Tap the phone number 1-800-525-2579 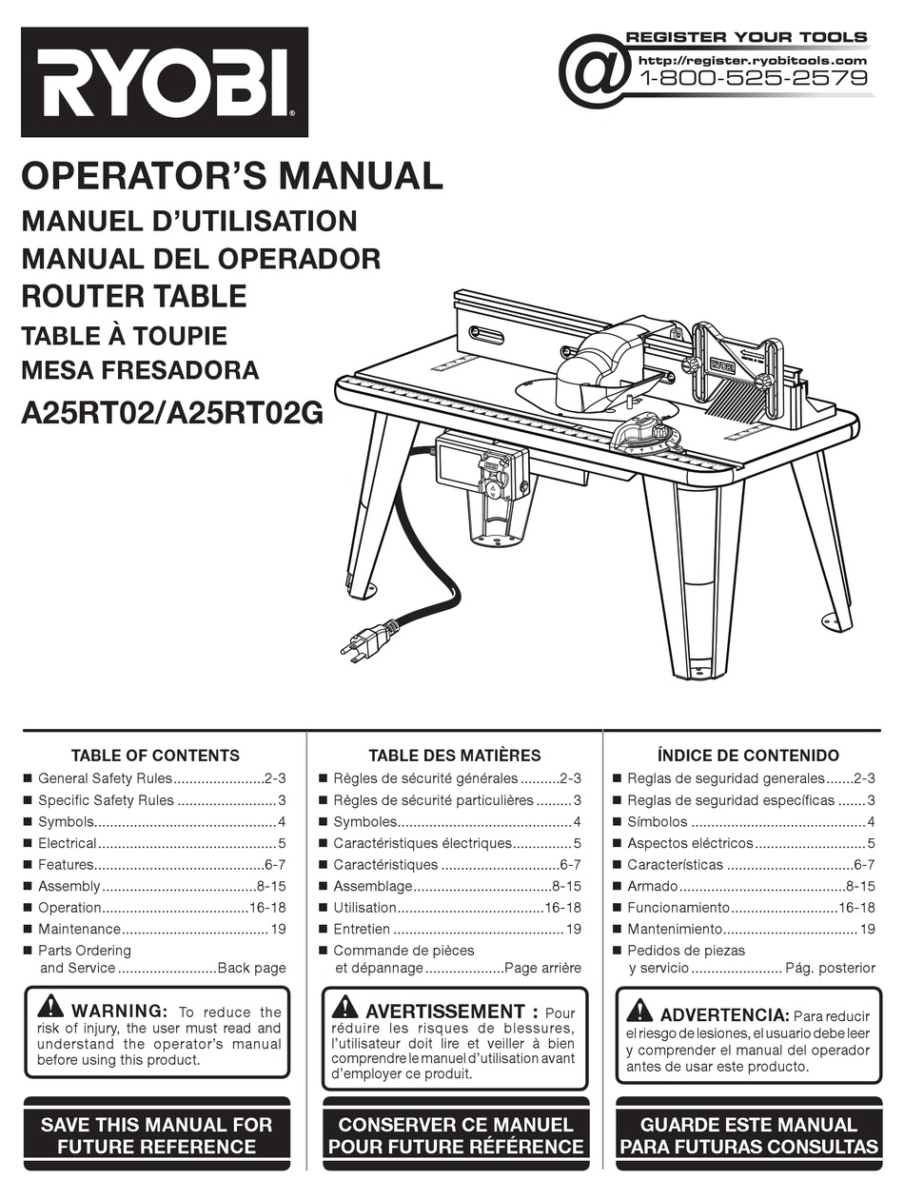755,79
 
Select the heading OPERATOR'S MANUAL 232,176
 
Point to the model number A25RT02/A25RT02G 172,415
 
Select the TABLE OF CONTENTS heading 155,756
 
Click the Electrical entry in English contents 68,843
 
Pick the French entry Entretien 362,929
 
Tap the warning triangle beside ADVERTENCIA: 640,1011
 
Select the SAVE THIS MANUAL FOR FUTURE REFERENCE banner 156,1136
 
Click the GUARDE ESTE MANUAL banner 749,1136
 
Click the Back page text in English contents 252,968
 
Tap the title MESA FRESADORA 140,370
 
